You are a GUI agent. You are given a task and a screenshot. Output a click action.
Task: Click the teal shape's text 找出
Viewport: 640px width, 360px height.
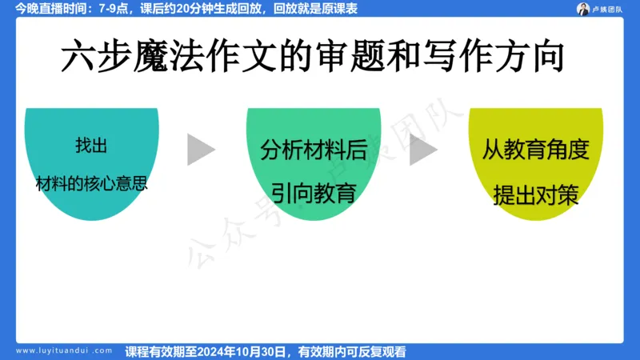tap(91, 146)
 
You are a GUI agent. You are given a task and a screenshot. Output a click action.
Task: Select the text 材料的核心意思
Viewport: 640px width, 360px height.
tap(91, 182)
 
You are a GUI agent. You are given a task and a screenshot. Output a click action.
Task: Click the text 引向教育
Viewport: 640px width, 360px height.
tap(314, 193)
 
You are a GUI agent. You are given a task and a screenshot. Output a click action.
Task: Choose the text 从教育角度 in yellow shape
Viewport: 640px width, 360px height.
tap(535, 150)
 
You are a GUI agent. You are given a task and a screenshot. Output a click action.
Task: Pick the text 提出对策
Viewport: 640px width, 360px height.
tap(535, 194)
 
